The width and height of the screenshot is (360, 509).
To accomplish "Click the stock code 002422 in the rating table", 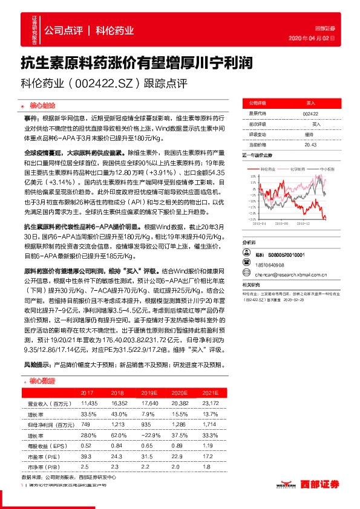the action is coord(309,113).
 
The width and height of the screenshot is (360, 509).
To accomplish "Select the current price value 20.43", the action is coord(310,144).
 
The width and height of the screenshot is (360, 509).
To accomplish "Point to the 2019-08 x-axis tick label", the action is coord(284,223).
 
